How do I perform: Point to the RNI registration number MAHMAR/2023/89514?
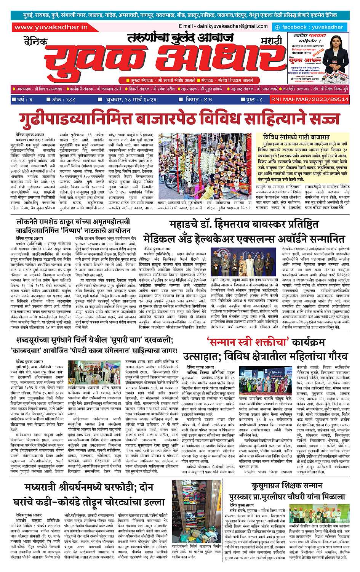pyautogui.click(x=310, y=99)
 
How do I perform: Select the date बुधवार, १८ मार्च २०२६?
pyautogui.click(x=134, y=99)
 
